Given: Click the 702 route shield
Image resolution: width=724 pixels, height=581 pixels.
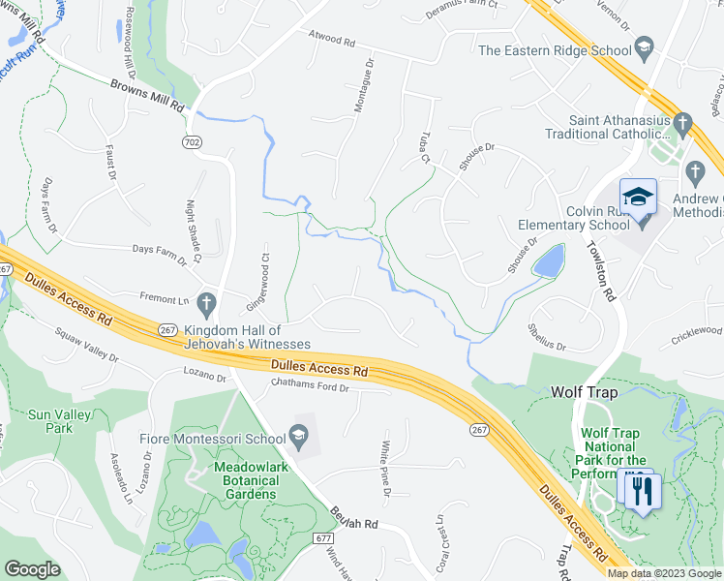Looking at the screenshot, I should (x=194, y=141).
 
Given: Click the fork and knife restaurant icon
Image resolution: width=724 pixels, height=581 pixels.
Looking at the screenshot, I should (x=642, y=490).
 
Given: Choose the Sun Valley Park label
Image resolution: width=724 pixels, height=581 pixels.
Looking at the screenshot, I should (x=51, y=420).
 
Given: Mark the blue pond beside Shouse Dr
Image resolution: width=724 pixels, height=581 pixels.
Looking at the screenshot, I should (x=549, y=260).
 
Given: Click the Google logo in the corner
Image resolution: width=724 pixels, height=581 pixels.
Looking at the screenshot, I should (x=33, y=568).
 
